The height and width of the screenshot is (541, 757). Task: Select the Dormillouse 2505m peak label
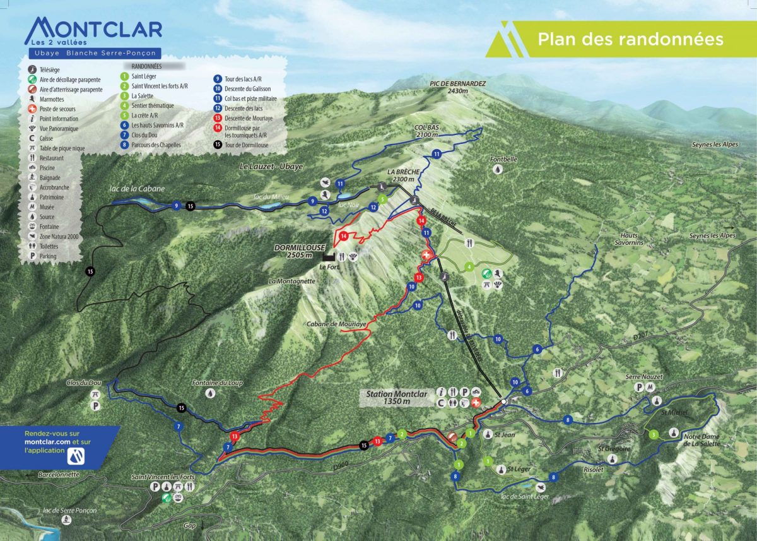pos(293,251)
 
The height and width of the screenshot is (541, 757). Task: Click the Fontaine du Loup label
pos(217,383)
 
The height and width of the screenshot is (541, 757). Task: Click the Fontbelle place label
pos(505,160)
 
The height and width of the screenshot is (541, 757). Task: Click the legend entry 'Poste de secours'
pos(58,109)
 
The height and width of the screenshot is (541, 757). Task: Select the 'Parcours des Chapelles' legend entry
pos(156,145)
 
